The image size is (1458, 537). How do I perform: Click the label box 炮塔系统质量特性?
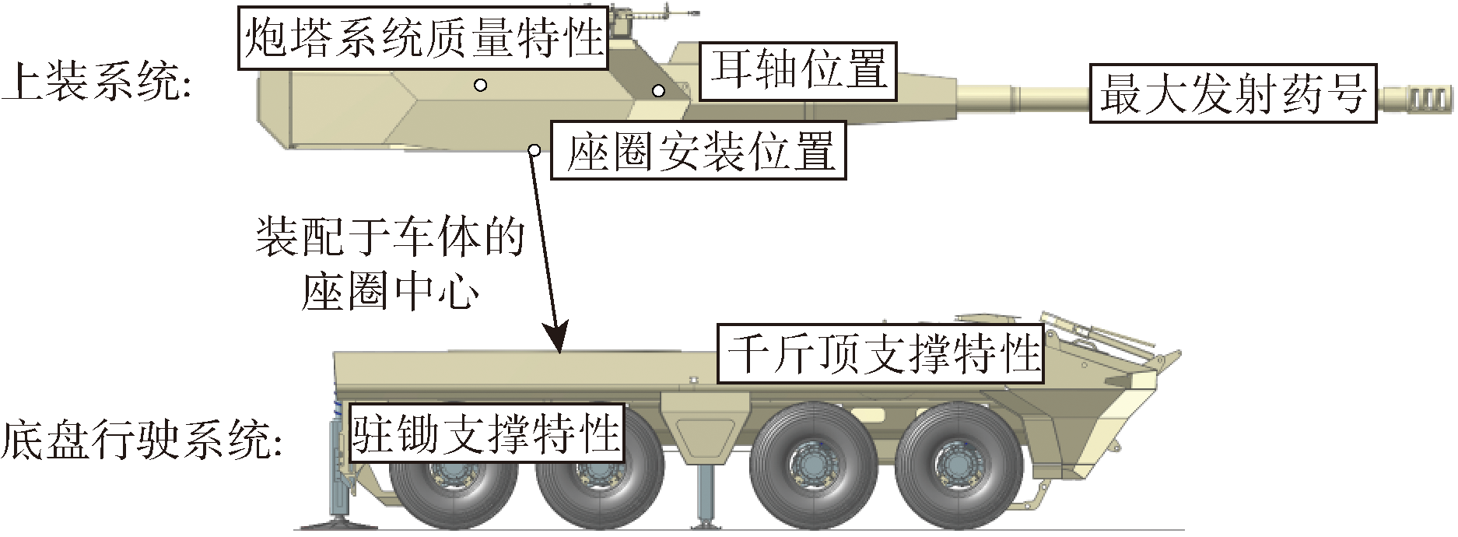[424, 37]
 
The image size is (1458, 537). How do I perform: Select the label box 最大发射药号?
[1232, 93]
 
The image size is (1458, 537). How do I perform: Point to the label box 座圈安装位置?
[698, 151]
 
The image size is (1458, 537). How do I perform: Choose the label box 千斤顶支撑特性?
[880, 353]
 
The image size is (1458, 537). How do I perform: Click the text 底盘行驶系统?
[142, 440]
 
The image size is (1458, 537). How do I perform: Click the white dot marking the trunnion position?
[658, 91]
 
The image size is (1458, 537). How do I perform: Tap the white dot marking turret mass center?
[481, 84]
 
